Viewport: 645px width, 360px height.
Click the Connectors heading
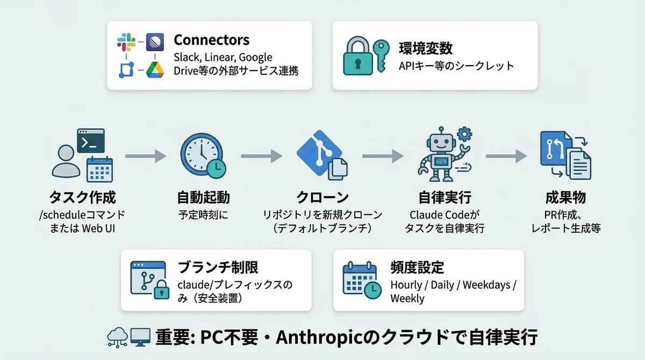pos(211,40)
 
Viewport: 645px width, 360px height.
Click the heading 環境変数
pos(425,48)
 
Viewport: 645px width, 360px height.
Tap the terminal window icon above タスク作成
pos(90,141)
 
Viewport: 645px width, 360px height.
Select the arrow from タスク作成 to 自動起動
pos(145,156)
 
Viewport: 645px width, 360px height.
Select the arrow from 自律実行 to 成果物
pos(506,156)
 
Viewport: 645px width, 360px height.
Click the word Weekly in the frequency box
pos(407,298)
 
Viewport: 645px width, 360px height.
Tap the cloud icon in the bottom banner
pos(117,337)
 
